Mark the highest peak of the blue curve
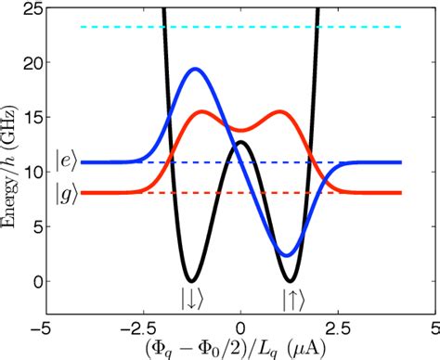pyautogui.click(x=195, y=69)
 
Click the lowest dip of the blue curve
pyautogui.click(x=288, y=255)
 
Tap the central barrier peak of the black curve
pyautogui.click(x=240, y=142)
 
